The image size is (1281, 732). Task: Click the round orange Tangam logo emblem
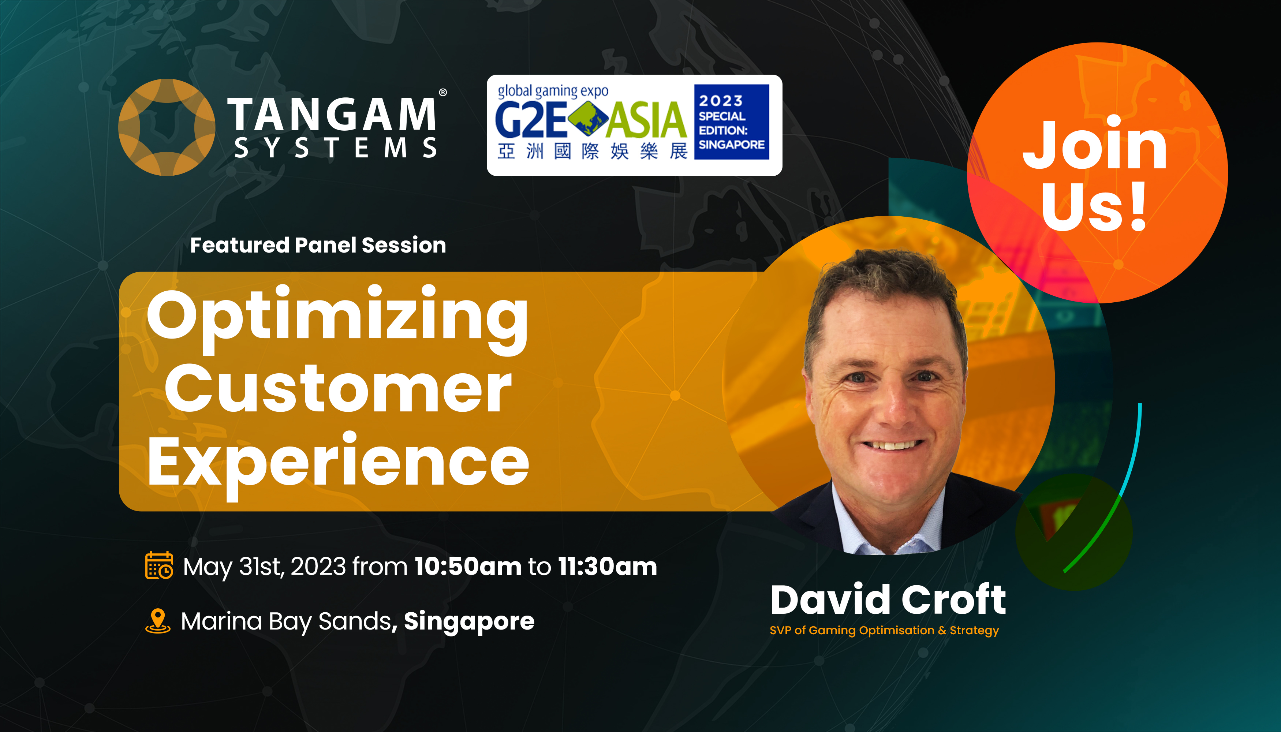[x=167, y=127]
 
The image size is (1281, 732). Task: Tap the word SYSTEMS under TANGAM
[x=336, y=148]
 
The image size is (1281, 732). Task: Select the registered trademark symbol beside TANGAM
[x=443, y=93]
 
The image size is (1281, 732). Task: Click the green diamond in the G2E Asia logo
[x=588, y=119]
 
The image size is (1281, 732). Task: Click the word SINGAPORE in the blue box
[x=732, y=145]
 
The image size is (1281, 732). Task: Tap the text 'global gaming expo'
[x=553, y=91]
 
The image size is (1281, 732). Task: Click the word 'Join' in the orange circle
[x=1094, y=145]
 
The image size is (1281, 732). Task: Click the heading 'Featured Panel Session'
[x=318, y=245]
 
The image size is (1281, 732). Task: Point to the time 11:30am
[x=607, y=567]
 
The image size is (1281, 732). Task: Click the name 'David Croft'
[x=888, y=600]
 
